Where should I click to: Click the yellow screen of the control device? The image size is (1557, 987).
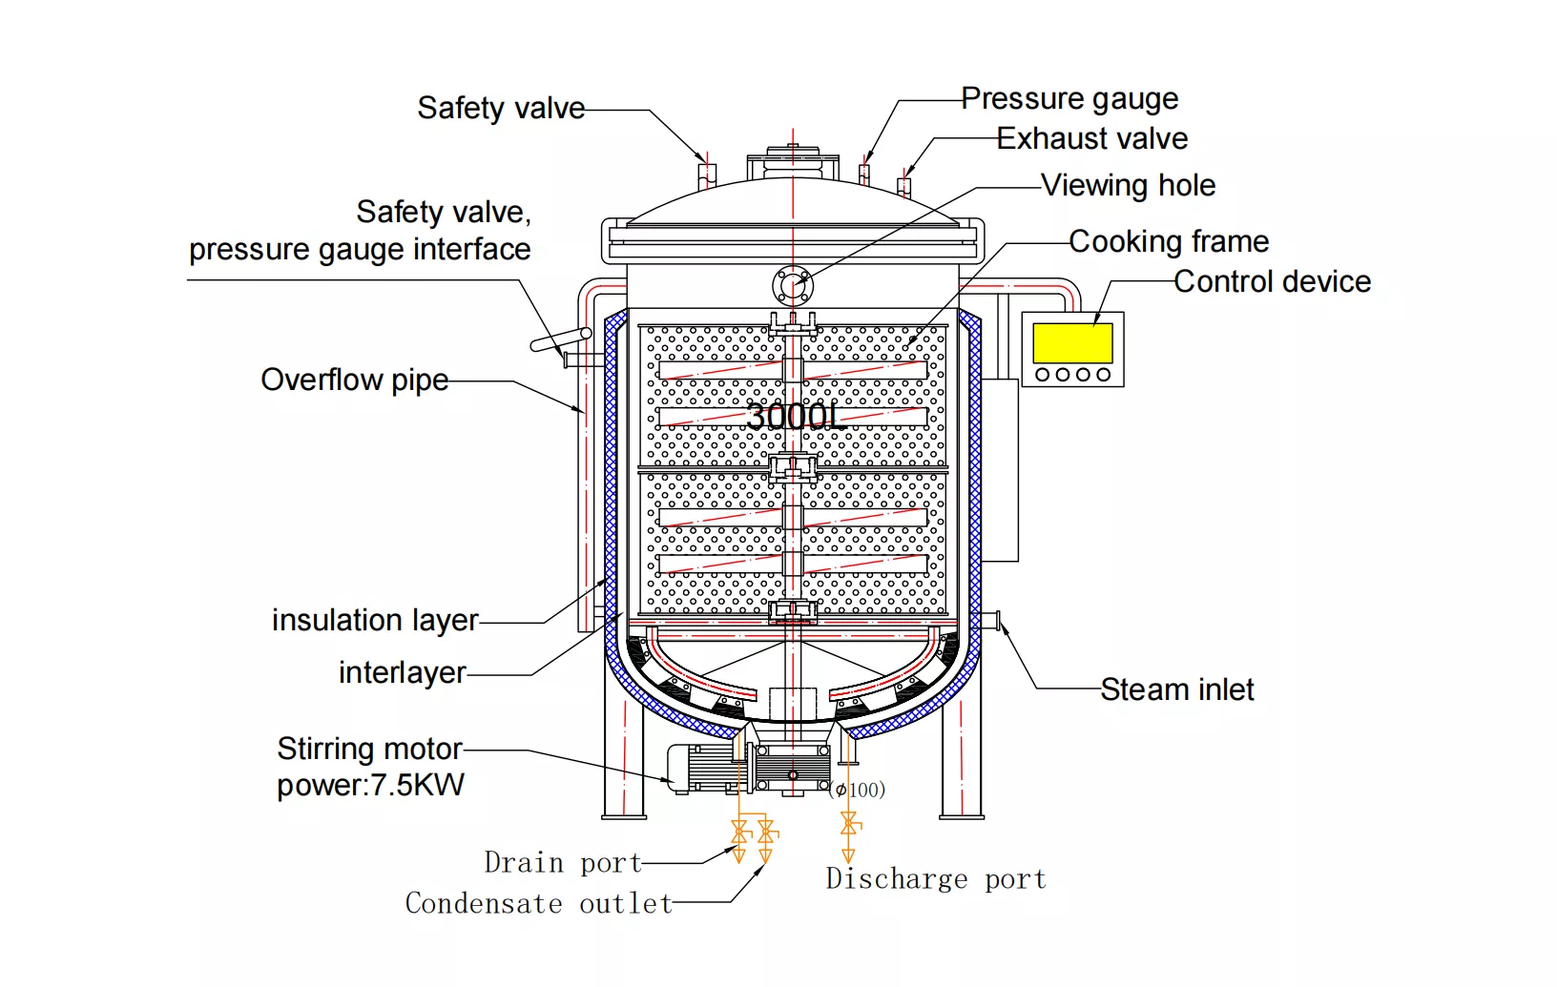[x=1072, y=342]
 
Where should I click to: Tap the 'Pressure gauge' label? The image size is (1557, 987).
[x=1069, y=98]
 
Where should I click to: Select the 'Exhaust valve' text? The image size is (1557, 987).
[x=1092, y=139]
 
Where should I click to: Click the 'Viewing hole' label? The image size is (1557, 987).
[x=1128, y=185]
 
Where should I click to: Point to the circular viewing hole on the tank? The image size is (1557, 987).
[x=792, y=284]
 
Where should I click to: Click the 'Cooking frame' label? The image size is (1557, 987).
[x=1169, y=241]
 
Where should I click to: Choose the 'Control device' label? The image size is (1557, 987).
[x=1272, y=281]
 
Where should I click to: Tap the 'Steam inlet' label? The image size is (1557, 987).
[x=1177, y=689]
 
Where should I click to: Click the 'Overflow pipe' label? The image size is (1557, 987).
[x=354, y=380]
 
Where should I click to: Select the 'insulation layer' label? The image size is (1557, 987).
[x=375, y=620]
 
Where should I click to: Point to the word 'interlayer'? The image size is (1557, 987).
[x=402, y=672]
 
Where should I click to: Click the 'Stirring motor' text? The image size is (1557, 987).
[x=369, y=749]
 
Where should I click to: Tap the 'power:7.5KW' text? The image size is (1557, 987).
[x=370, y=785]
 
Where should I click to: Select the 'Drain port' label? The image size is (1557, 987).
[x=562, y=863]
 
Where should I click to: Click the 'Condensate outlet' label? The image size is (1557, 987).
[x=538, y=903]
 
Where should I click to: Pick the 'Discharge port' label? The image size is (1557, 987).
[x=936, y=878]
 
